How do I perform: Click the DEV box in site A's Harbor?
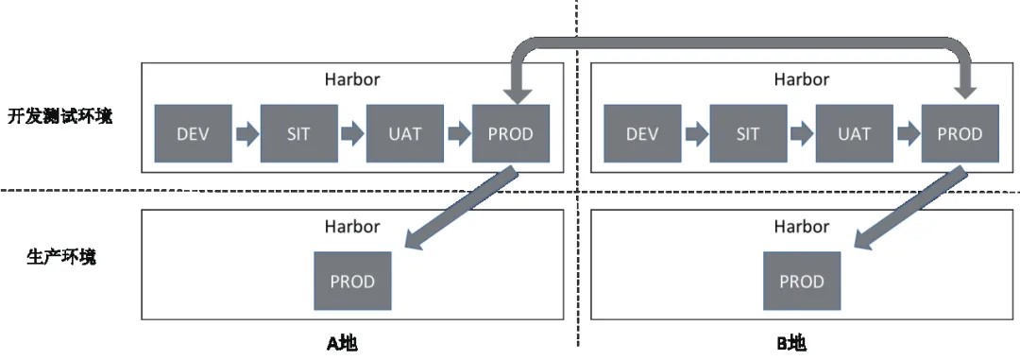coord(193,133)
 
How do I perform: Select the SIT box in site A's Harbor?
coord(298,133)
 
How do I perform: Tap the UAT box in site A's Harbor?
coord(404,133)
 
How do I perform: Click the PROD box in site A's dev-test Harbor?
coord(510,133)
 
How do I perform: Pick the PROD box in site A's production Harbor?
coord(352,281)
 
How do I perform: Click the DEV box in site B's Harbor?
coord(642,133)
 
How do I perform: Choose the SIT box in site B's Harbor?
coord(748,133)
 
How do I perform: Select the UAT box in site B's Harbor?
coord(854,133)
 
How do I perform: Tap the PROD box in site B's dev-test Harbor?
coord(960,133)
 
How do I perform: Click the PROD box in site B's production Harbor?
coord(802,281)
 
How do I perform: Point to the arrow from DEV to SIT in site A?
coord(246,133)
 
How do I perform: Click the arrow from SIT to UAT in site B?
coord(801,133)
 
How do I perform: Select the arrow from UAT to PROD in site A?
coord(457,133)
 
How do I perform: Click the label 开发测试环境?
coord(60,117)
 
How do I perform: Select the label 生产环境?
coord(60,256)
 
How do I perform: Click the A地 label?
coord(342,343)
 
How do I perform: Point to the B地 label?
coord(791,343)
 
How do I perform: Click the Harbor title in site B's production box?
coord(802,227)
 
